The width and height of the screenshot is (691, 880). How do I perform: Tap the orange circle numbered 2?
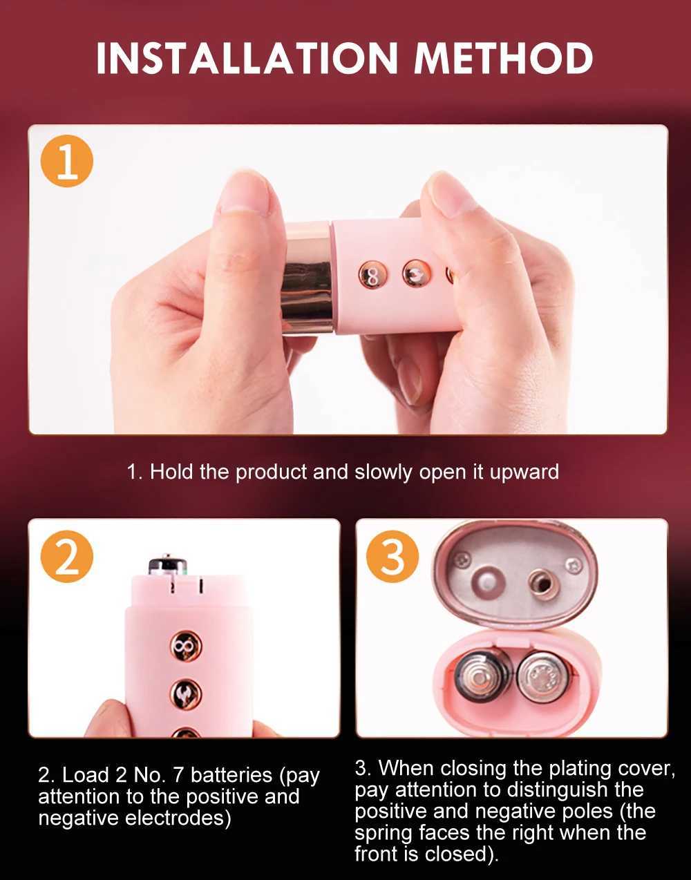[66, 556]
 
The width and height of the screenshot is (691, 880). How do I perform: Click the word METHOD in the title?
[504, 58]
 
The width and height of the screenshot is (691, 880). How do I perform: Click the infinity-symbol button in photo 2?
[185, 647]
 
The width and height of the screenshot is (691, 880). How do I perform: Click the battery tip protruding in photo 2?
[168, 564]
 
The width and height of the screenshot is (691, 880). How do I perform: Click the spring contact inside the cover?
[544, 584]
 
